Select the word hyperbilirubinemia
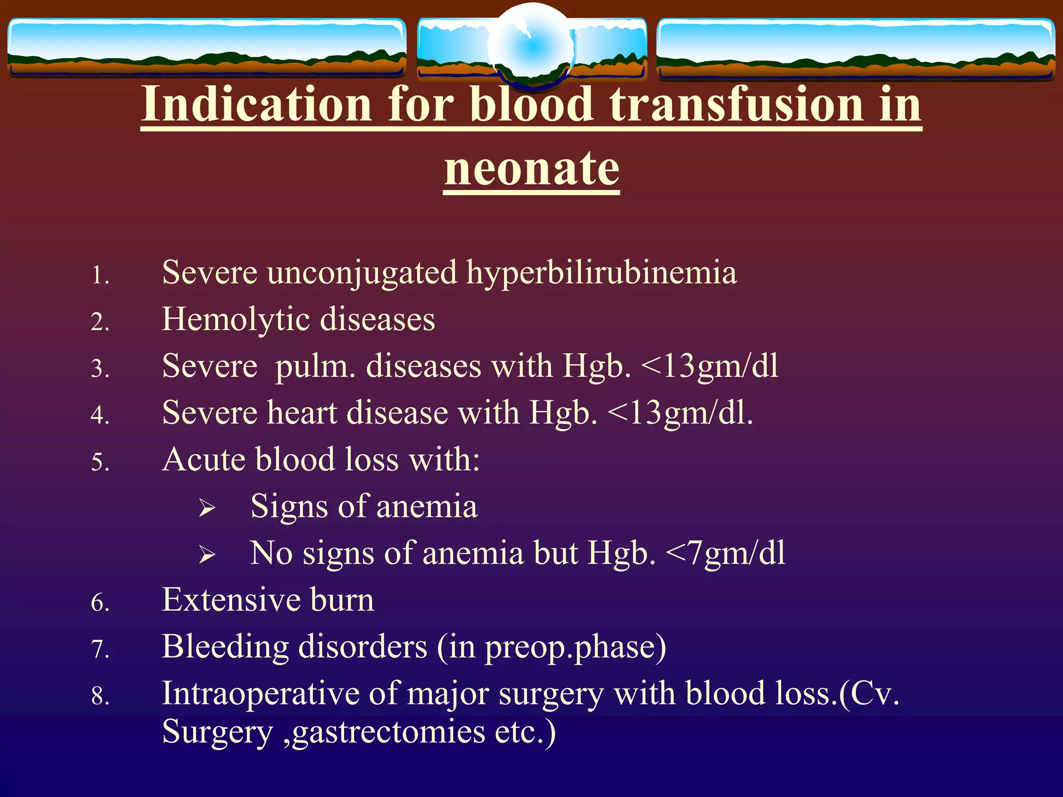click(601, 273)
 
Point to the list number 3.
click(100, 369)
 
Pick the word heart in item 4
click(302, 413)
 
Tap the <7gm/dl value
click(725, 553)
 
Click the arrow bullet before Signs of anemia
click(207, 509)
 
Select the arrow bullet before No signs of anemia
click(207, 555)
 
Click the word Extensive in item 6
click(231, 600)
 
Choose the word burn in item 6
click(342, 600)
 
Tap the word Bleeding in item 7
click(225, 647)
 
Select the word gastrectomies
click(390, 733)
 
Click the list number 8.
click(100, 696)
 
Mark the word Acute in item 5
click(204, 460)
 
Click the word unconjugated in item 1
click(362, 273)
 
